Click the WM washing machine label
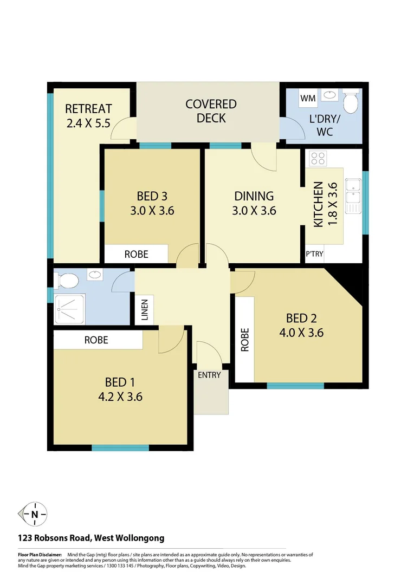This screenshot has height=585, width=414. coord(308,99)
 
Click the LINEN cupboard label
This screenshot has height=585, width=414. coord(145,310)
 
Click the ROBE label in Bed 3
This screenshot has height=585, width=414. coord(136,254)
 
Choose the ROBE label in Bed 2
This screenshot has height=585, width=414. coord(245,340)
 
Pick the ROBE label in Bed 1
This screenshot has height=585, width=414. coord(96,340)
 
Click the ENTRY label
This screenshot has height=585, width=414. coord(209,375)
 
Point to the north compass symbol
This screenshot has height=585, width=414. coord(34,514)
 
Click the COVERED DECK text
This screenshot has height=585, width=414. coord(211,110)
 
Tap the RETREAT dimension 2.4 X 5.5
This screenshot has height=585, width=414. coord(88,123)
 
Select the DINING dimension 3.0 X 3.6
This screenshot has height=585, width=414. coord(254,211)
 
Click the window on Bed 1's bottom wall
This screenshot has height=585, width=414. coord(120,448)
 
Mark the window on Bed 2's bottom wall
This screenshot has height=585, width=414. coord(295,386)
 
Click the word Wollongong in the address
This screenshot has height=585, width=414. coord(139,538)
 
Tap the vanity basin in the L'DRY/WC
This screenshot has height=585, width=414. coord(329,96)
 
